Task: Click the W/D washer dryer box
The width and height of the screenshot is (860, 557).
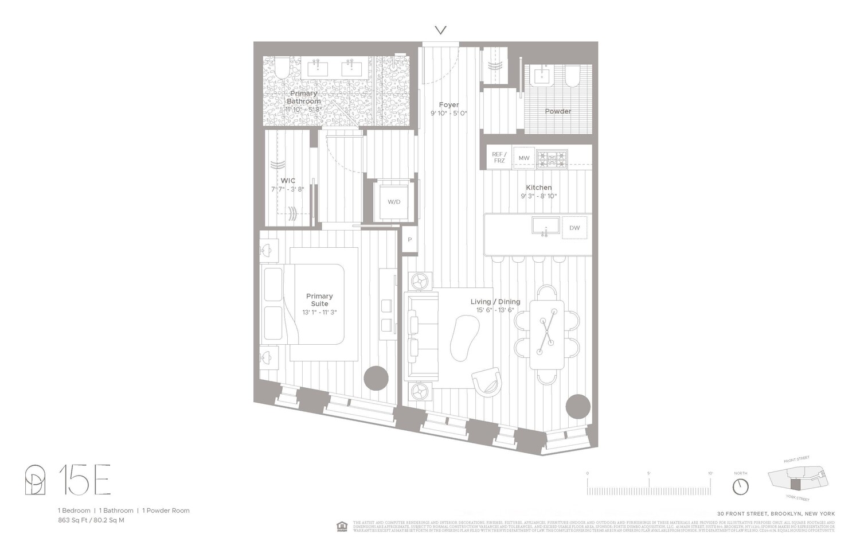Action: point(394,202)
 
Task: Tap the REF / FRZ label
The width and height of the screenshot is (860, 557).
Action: point(499,158)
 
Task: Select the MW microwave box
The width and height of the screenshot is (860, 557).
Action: point(524,158)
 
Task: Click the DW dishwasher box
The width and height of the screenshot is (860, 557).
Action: point(574,228)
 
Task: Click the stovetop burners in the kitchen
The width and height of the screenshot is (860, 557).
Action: point(552,158)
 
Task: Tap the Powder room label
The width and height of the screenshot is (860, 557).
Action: point(558,111)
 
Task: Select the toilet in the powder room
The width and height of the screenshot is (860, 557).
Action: point(572,76)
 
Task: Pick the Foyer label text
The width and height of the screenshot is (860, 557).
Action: point(449,105)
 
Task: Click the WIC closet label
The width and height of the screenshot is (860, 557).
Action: point(288,181)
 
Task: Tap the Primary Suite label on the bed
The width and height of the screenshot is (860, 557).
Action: point(319,300)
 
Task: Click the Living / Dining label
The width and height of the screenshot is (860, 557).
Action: point(495,302)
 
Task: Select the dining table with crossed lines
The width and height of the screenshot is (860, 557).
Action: point(547,334)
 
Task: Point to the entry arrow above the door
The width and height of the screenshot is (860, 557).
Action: point(440,30)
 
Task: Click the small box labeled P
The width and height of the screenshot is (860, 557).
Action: point(410,240)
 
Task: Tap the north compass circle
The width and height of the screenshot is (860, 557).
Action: point(740,486)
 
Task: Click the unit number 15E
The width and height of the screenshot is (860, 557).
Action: point(84,482)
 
